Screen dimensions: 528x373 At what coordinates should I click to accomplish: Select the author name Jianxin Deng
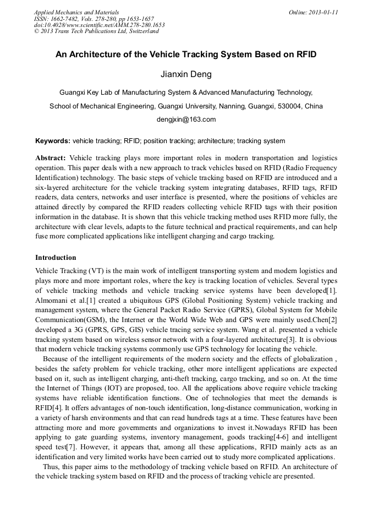coord(186,74)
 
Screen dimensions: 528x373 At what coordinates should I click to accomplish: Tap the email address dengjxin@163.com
coord(186,119)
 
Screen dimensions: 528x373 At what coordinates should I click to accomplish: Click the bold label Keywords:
coord(53,141)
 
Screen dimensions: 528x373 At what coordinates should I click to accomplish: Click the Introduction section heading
coord(56,257)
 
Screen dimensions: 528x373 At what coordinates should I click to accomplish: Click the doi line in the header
coord(99,25)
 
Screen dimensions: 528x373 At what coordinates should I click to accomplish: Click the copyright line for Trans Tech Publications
coord(96,31)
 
